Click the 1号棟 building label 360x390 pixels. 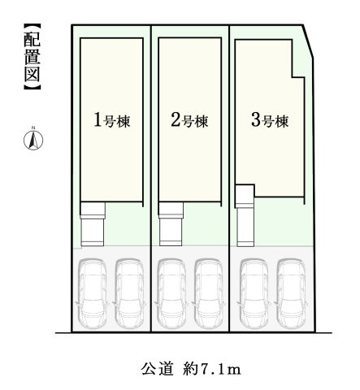(112, 122)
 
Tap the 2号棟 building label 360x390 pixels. (190, 122)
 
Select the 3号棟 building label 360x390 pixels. (269, 122)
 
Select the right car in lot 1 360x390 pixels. (131, 291)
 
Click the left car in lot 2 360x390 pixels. (171, 291)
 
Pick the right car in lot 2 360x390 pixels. (210, 291)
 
